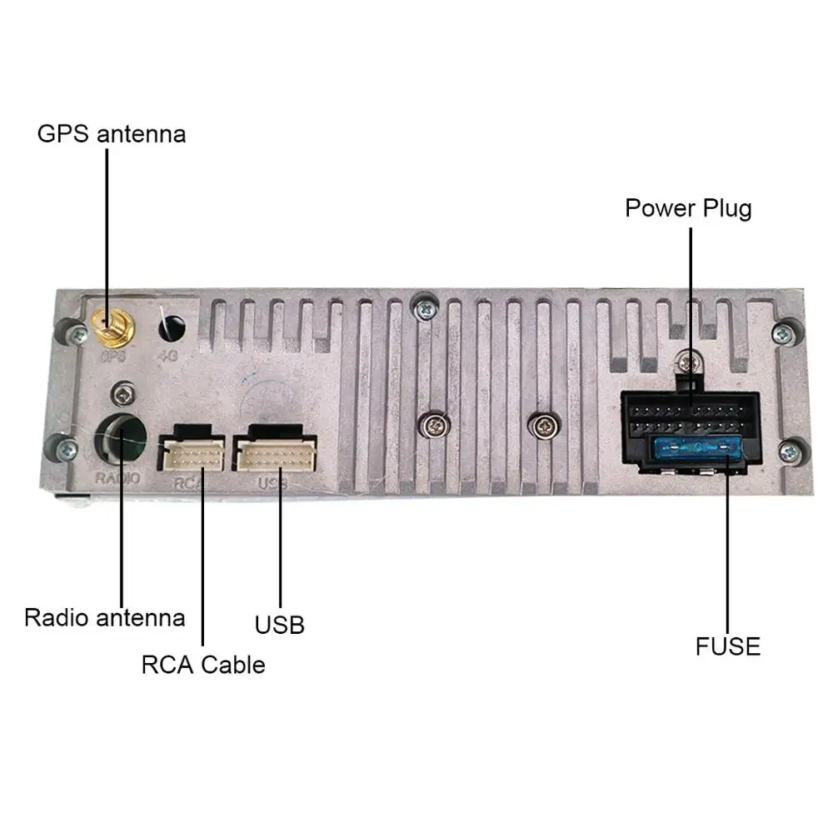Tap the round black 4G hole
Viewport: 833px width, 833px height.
point(172,325)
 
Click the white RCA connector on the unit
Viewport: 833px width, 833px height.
point(191,454)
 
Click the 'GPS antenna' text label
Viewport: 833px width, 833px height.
point(112,133)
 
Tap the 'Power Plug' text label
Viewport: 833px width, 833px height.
point(688,207)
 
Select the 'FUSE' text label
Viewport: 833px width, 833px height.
point(727,646)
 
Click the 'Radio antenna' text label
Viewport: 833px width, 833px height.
point(104,617)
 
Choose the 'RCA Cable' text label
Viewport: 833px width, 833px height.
point(203,665)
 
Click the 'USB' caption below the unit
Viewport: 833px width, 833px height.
point(280,625)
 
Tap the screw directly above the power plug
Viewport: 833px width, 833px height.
point(688,362)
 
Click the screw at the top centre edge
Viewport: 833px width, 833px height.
point(425,307)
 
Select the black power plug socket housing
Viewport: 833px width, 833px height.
point(690,433)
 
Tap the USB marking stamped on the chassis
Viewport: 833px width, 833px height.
point(272,483)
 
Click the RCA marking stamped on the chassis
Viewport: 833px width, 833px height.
point(190,482)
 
